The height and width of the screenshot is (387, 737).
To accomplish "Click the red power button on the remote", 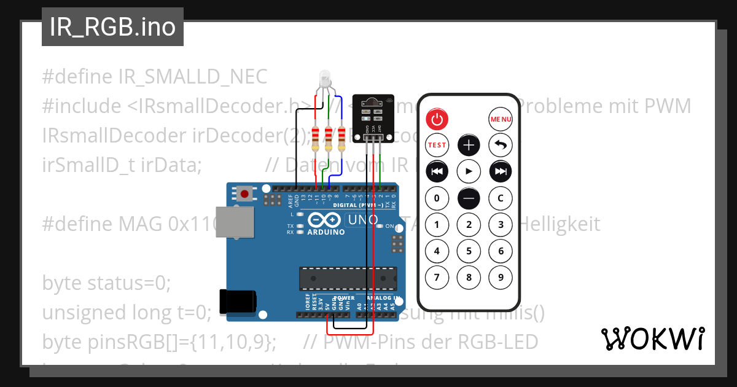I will [437, 119].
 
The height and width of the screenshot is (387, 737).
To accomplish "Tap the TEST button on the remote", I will [437, 145].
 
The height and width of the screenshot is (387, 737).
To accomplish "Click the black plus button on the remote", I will [469, 145].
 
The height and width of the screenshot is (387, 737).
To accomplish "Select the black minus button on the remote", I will [469, 198].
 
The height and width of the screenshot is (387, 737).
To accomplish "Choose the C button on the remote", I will [501, 198].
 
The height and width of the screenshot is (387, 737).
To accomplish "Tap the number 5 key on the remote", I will [469, 251].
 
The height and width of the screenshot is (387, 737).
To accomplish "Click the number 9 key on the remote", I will [501, 277].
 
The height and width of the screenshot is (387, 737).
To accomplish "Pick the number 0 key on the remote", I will [437, 198].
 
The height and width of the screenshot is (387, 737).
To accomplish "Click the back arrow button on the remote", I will [501, 145].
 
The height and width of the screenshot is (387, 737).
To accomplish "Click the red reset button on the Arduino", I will [245, 194].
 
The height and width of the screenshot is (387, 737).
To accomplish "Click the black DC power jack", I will [238, 301].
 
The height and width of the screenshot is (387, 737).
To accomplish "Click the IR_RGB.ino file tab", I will [112, 27].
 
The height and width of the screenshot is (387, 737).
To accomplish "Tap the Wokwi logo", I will [653, 338].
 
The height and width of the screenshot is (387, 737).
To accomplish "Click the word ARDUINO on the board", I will [326, 232].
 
